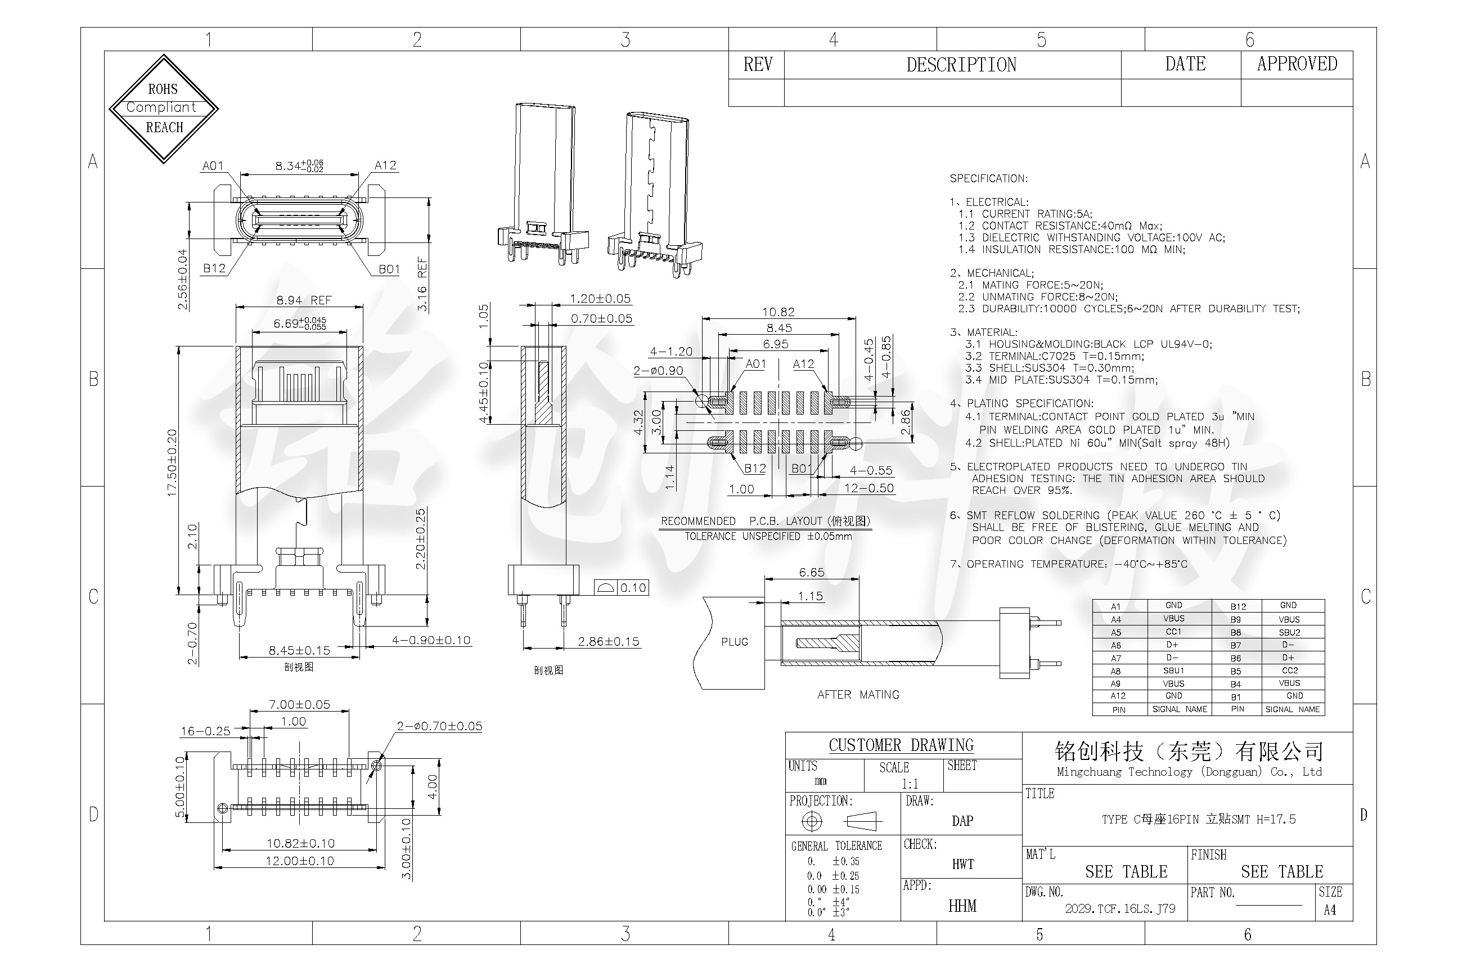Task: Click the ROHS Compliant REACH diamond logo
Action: [x=164, y=109]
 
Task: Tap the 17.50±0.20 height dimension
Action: [x=172, y=462]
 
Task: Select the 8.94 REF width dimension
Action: [x=304, y=300]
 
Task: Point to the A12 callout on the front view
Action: [x=385, y=165]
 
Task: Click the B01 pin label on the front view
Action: [x=389, y=269]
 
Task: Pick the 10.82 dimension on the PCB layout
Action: [x=778, y=312]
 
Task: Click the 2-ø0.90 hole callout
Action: [x=658, y=371]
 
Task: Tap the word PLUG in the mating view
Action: [x=735, y=642]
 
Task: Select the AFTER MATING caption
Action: [x=858, y=695]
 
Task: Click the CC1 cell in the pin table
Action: [x=1173, y=632]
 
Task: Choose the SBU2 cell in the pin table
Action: [x=1289, y=632]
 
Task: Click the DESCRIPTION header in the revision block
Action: [x=961, y=65]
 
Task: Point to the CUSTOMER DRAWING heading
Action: [x=901, y=745]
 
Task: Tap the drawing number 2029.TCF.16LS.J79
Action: [x=1120, y=909]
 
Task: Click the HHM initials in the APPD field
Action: [x=962, y=906]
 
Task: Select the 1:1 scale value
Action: [x=910, y=784]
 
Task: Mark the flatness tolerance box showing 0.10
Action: [x=621, y=588]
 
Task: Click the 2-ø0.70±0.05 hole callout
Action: [x=439, y=726]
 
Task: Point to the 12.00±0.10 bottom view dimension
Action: [x=299, y=861]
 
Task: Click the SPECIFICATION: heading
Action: [x=988, y=178]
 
